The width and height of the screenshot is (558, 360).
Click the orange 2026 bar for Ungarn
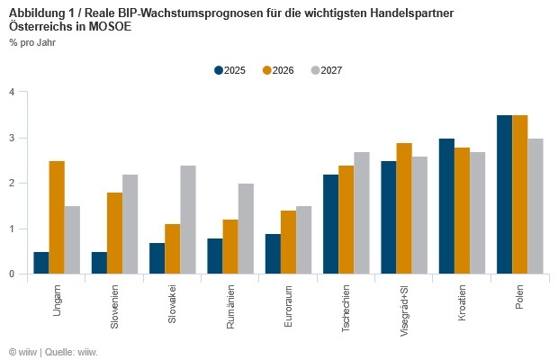56,217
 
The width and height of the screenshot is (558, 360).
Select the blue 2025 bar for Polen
504,194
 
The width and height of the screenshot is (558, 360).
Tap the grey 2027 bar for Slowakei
188,220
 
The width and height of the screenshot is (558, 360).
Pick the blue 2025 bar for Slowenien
99,263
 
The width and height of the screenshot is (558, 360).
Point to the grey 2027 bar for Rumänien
246,229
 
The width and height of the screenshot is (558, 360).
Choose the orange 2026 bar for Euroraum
287,242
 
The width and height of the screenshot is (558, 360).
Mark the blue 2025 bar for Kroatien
446,206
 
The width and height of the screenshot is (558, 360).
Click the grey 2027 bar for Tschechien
361,212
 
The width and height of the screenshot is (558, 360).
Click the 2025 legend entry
229,70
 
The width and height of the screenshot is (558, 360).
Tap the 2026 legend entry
278,70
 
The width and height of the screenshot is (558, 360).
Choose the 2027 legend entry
326,70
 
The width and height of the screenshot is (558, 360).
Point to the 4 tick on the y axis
11,92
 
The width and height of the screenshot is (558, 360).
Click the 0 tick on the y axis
11,274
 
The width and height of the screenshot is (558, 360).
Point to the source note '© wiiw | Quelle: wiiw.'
53,351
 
